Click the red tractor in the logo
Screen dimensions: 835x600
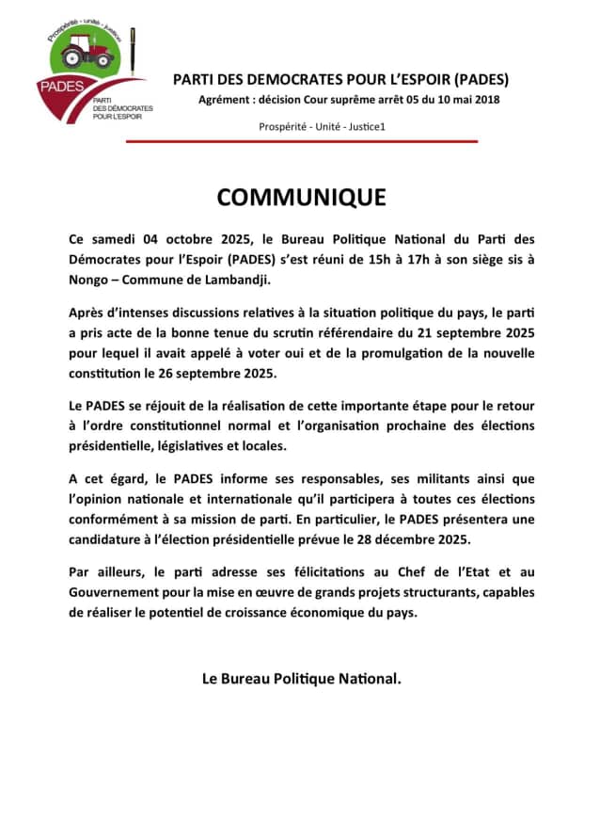click(85, 52)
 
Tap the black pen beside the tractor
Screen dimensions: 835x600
click(133, 52)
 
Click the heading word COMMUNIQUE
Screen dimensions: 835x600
click(301, 197)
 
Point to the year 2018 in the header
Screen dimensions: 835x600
click(485, 100)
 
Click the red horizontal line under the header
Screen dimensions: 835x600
click(301, 141)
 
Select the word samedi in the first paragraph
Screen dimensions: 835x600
click(118, 241)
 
